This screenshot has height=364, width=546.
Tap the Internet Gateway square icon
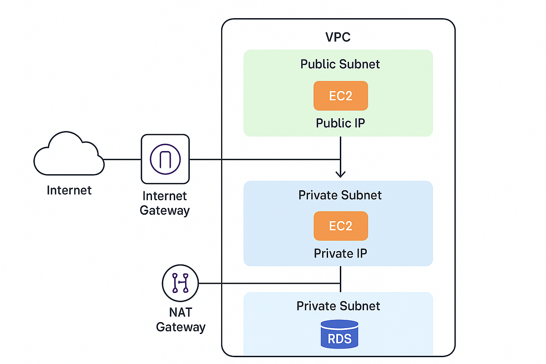[165, 159]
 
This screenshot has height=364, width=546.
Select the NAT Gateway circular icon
[180, 283]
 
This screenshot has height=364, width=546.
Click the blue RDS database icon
[339, 334]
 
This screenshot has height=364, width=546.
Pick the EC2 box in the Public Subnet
[340, 96]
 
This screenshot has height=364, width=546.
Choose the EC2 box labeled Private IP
[340, 226]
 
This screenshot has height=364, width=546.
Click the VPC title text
[338, 37]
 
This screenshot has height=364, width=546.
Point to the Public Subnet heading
[340, 64]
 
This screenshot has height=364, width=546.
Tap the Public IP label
[340, 123]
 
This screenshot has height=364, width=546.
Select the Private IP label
[340, 253]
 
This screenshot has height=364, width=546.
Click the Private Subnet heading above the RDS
[338, 306]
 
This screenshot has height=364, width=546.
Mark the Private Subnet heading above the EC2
[340, 195]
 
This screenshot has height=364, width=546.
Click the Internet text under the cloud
[69, 190]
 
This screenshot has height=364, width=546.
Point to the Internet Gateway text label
[164, 203]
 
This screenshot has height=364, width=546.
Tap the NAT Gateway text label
[180, 320]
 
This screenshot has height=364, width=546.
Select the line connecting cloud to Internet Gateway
[122, 159]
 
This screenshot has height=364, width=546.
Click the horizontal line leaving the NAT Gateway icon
[268, 283]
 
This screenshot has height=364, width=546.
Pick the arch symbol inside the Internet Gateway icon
[165, 159]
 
